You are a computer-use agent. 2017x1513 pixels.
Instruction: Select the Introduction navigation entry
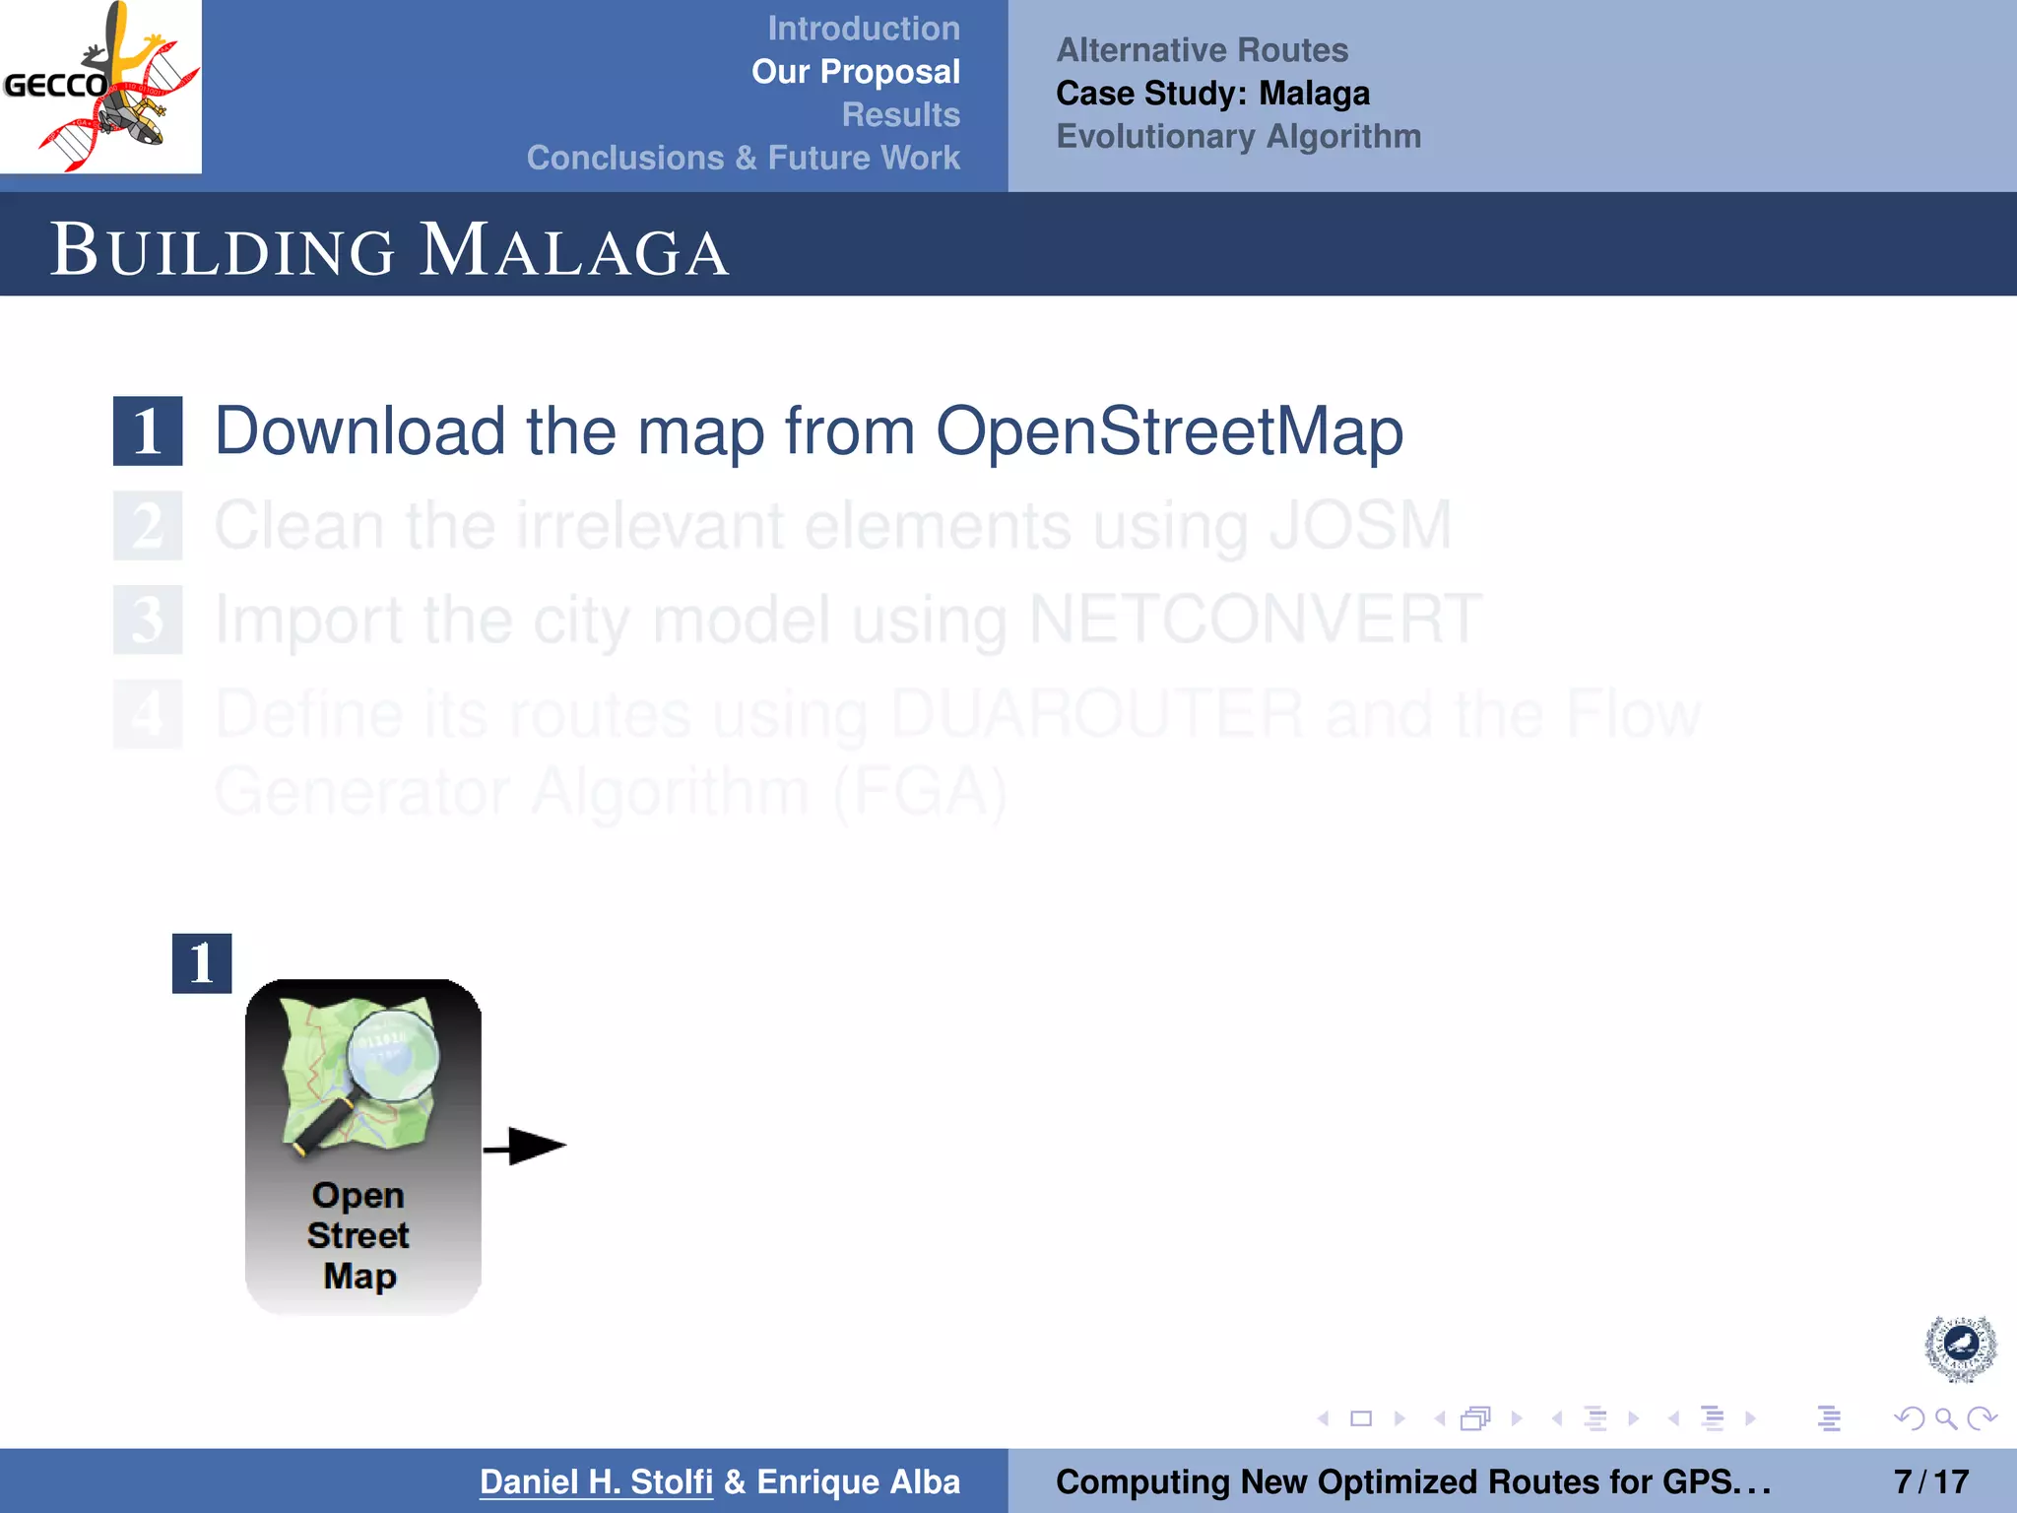863,29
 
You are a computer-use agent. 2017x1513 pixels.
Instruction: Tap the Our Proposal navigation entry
855,72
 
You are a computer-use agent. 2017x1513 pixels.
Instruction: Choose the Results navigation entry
900,115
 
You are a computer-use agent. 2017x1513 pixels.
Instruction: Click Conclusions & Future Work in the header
743,158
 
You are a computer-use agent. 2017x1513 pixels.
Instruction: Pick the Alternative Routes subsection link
1202,50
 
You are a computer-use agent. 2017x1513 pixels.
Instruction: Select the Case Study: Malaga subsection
1212,94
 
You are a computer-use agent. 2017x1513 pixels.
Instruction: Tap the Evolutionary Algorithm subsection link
1238,136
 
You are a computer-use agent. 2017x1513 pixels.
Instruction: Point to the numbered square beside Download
148,431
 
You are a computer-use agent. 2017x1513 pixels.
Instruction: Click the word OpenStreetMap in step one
1169,431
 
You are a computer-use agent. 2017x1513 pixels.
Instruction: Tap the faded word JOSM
1360,525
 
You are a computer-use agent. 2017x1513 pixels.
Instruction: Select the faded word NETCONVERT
1255,620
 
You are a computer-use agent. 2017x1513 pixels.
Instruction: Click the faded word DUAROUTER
1097,713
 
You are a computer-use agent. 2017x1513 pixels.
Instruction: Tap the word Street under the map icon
358,1235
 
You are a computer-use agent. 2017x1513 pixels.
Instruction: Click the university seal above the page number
1960,1348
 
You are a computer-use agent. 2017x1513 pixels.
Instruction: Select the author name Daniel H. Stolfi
596,1481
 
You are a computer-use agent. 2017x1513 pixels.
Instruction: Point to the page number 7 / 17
1930,1481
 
